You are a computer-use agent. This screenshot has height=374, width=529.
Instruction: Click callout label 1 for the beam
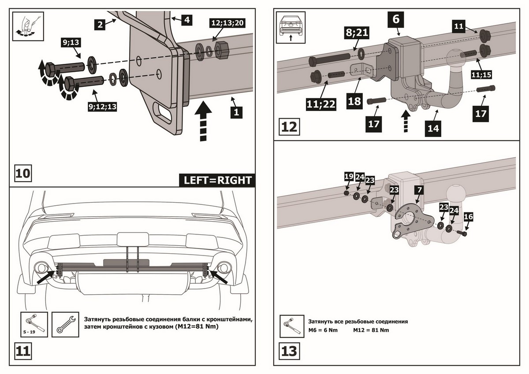[x=236, y=112]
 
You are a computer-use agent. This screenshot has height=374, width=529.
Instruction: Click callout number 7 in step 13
[x=419, y=189]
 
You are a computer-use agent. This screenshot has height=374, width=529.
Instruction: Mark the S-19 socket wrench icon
[x=34, y=323]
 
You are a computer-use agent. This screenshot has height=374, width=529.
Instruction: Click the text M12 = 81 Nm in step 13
[x=371, y=330]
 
